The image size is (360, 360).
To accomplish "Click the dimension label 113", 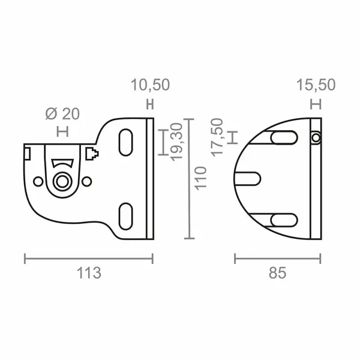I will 89,273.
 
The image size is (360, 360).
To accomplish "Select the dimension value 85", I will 277,273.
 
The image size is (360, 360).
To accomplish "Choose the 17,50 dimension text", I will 218,137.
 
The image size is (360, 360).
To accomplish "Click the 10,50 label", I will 150,86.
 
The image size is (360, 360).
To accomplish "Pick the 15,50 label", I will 316,86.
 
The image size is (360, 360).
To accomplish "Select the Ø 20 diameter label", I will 62,113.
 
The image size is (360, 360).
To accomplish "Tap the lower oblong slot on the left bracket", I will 127,214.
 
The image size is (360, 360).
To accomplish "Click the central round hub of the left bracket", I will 62,181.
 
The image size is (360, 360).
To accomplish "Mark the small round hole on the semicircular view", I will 316,138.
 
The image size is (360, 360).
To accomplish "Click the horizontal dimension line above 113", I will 89,258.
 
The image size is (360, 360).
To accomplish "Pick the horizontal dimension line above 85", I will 277,258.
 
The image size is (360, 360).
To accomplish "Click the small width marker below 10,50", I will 150,104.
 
